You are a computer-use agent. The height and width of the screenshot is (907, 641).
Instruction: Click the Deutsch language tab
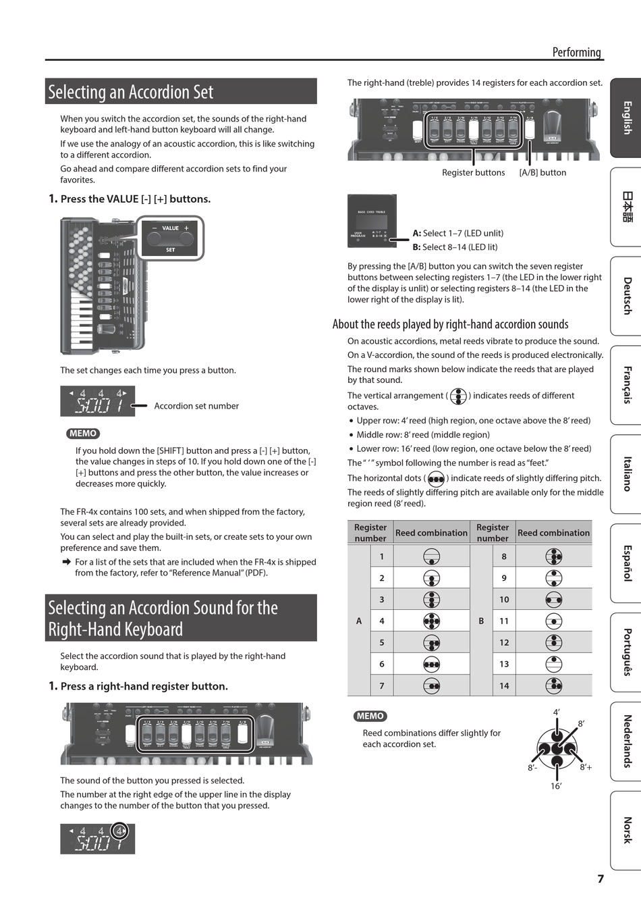[627, 296]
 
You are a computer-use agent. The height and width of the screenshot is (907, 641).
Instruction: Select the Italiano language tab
[627, 473]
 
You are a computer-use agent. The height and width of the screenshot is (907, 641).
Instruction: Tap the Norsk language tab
[627, 830]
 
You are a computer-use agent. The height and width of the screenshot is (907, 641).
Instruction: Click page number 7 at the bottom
[601, 879]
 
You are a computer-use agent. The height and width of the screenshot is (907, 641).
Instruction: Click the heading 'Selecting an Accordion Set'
[131, 93]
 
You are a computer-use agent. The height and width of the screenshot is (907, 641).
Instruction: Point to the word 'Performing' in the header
[576, 52]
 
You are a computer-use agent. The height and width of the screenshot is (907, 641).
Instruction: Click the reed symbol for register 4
[432, 621]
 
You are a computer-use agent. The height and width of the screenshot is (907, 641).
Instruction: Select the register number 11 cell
[504, 621]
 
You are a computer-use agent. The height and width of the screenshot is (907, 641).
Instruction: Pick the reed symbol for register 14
[554, 685]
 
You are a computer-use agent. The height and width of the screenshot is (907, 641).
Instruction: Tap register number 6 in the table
[382, 664]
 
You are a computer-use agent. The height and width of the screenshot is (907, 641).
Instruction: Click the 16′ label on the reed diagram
[556, 786]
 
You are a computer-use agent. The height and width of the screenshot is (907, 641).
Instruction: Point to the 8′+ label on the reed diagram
[586, 767]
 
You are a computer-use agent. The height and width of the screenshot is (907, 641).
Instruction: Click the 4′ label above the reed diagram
[557, 712]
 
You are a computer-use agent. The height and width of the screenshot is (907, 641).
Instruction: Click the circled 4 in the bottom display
[119, 831]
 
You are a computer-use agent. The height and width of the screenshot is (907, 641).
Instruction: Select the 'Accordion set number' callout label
[196, 406]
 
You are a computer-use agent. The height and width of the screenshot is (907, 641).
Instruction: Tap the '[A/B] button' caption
[542, 173]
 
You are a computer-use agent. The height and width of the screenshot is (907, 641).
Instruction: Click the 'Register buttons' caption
[473, 173]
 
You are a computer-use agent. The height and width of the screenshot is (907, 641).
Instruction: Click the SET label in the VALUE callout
[170, 250]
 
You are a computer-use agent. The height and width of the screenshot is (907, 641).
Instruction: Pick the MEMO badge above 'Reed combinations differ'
[370, 716]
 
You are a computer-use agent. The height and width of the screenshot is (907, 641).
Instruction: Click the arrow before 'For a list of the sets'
[66, 562]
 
